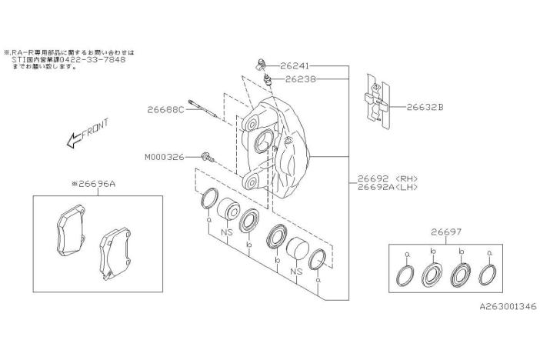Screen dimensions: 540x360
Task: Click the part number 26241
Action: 295,65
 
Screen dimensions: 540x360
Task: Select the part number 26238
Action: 300,79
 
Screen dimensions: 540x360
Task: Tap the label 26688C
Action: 165,110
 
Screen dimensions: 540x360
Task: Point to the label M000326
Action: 165,158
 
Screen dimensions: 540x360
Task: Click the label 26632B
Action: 425,107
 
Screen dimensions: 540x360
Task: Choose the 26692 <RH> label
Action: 388,178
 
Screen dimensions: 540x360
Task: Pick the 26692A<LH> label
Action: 388,187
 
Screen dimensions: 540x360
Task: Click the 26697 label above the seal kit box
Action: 446,232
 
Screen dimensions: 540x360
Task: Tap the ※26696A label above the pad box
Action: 93,184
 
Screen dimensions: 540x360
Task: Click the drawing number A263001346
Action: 508,306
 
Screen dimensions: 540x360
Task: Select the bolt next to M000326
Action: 208,157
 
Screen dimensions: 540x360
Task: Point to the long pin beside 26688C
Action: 203,109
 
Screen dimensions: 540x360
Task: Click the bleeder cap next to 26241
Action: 262,65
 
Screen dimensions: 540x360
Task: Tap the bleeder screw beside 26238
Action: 267,80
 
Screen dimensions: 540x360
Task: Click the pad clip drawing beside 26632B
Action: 378,102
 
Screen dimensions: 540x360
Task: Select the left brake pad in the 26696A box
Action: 71,231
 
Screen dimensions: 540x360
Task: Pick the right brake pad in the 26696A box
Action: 115,252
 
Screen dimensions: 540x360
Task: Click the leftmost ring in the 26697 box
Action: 404,275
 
